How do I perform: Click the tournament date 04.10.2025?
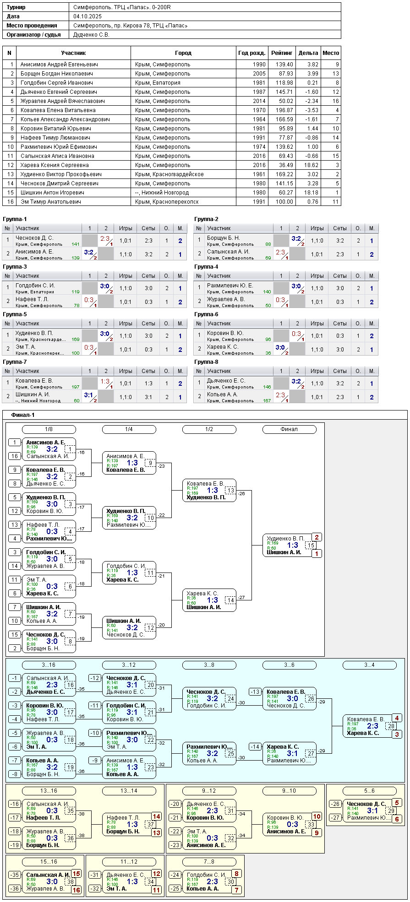(x=87, y=16)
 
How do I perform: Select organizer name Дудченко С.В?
(x=91, y=35)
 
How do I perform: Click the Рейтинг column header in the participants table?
(x=282, y=53)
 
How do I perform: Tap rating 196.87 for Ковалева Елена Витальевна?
(x=284, y=110)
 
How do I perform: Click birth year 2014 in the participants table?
(x=259, y=101)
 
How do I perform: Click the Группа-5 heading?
(x=15, y=314)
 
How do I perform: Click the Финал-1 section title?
(x=23, y=415)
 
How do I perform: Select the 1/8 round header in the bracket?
(x=49, y=429)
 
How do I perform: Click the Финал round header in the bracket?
(x=289, y=429)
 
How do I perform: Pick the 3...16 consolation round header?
(x=49, y=665)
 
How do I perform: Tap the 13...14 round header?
(x=129, y=791)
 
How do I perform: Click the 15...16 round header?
(x=49, y=862)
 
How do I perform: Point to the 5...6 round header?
(x=369, y=791)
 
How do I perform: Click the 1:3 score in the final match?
(x=292, y=545)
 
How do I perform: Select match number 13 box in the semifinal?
(x=230, y=491)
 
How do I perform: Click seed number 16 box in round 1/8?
(x=15, y=456)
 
